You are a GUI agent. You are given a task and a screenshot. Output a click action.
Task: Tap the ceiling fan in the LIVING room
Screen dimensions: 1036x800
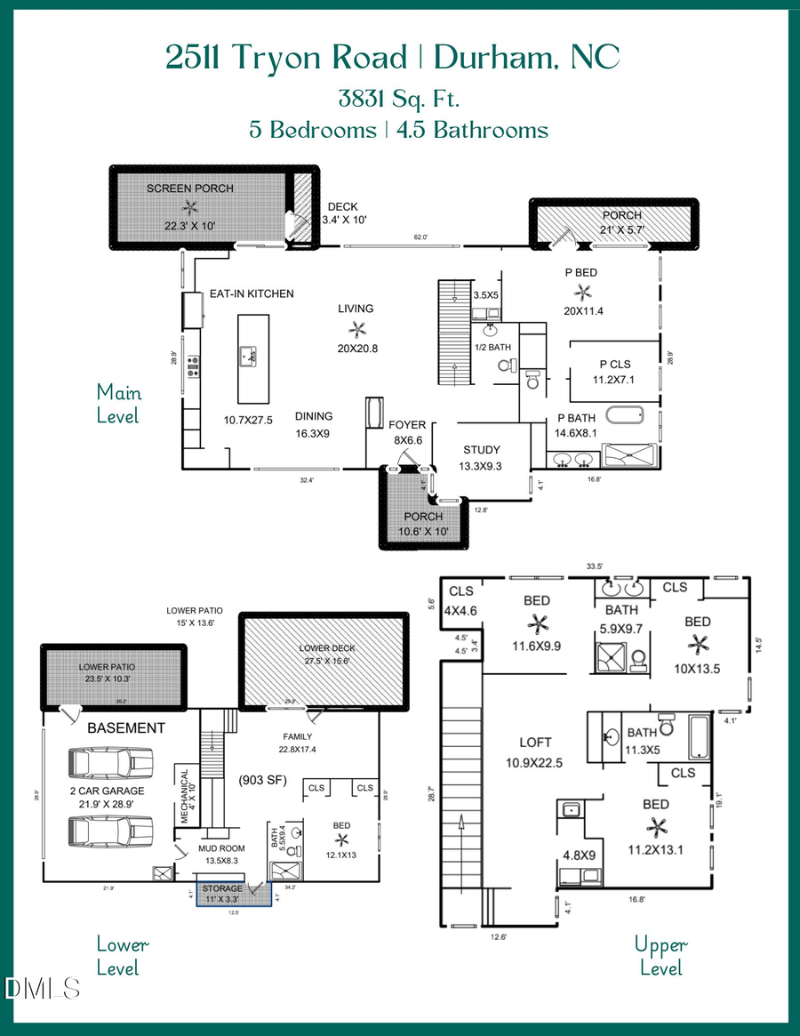coord(357,328)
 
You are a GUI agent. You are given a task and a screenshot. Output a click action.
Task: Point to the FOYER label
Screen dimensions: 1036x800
coord(407,425)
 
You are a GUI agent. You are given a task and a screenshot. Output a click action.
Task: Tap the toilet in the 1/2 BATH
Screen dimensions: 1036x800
coord(506,365)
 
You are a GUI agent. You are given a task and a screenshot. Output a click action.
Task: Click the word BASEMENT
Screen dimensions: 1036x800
coord(125,727)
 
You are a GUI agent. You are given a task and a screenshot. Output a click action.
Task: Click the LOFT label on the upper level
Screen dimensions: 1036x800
coord(536,742)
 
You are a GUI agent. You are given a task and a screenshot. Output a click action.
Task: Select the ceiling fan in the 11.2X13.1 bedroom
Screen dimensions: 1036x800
coord(657,828)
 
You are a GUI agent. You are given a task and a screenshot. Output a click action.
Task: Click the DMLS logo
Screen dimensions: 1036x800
coord(42,989)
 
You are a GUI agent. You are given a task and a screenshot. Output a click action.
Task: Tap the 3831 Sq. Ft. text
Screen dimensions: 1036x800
coord(398,97)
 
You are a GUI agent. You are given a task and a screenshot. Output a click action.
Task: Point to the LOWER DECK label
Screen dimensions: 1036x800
coord(327,648)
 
